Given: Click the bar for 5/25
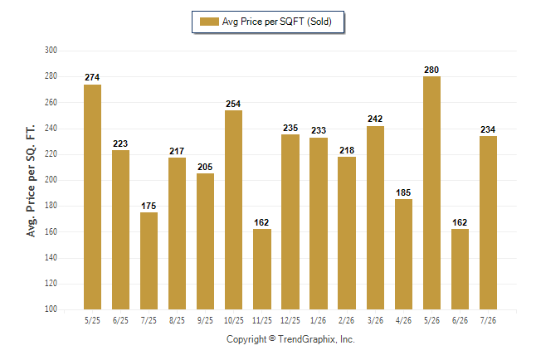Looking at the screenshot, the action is coord(92,197).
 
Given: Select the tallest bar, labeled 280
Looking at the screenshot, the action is coord(431,192).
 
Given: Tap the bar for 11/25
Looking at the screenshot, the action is coord(262,269).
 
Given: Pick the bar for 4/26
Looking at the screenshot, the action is coord(403,255).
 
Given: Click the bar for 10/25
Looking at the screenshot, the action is coord(233,210).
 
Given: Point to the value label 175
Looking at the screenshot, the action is coord(149,206).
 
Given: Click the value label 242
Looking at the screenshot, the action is coord(375,119).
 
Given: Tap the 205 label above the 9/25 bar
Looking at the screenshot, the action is coord(205,167).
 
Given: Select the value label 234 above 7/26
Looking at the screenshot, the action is coord(488,129).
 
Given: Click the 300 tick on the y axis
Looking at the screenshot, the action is coord(51,51).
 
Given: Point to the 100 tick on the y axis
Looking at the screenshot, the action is coord(51,309).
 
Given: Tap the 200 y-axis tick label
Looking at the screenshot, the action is coord(51,179).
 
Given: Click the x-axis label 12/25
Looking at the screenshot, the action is coord(290,320).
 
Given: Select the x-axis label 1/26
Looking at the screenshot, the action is coord(319,320).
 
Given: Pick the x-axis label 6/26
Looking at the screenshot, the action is coord(460,320).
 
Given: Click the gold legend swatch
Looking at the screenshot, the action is coord(209,22).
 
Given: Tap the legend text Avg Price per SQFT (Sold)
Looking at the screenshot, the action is coord(277,22).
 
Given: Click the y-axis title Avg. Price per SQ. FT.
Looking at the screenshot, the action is coord(31,181).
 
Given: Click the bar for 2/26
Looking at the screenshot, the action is coord(347,233).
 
